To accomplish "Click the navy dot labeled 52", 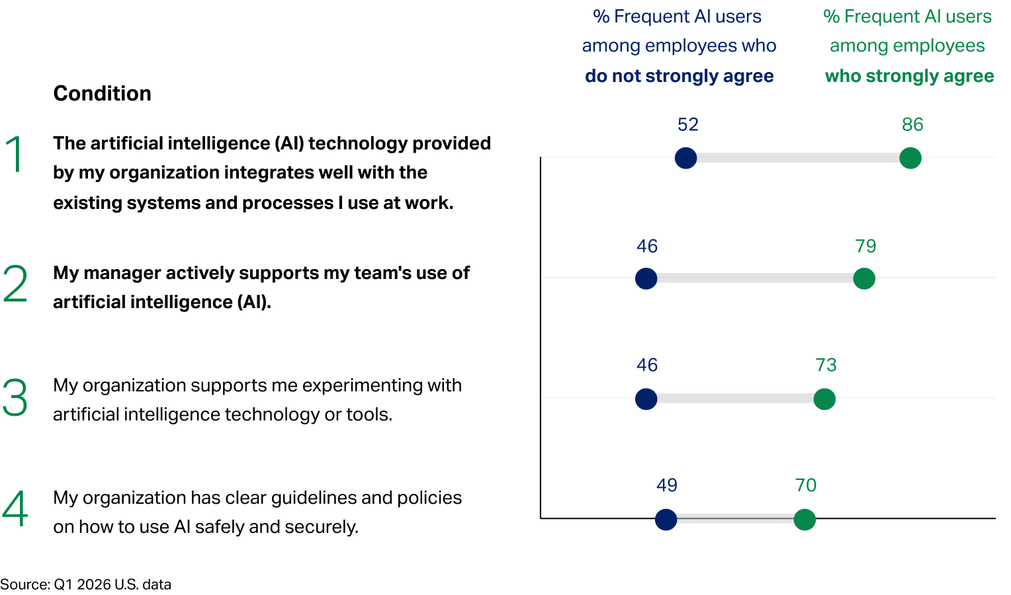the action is [x=685, y=158].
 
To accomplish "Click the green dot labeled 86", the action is [x=910, y=158].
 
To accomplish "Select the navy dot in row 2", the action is [x=646, y=278].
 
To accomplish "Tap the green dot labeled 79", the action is [x=864, y=278].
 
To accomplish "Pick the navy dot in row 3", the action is [x=646, y=399].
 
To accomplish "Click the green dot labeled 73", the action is [x=824, y=399].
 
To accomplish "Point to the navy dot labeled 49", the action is [x=666, y=520].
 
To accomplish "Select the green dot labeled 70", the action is [x=805, y=520].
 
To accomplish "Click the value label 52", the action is [x=688, y=124].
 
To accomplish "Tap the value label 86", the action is [x=912, y=124].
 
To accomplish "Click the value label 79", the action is [x=865, y=246].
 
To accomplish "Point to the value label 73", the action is [x=826, y=365].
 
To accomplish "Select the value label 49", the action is [x=667, y=485].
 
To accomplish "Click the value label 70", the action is [x=806, y=485].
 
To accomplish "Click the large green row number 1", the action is [x=15, y=155].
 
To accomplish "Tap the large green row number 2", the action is [x=15, y=284].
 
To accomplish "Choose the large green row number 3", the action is [x=15, y=398].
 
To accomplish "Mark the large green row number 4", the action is [x=15, y=509].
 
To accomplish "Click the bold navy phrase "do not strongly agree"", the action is [x=679, y=76].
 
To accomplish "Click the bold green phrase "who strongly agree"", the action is [x=909, y=76].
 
